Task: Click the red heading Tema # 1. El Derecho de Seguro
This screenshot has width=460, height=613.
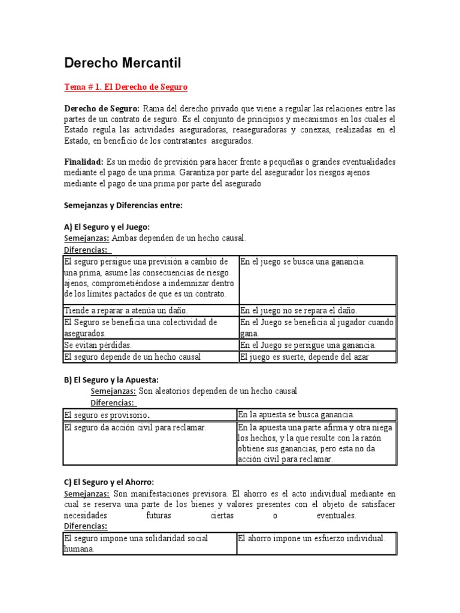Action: (x=126, y=87)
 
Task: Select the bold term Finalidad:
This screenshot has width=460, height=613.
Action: (x=83, y=162)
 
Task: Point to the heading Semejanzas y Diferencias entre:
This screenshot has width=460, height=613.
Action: (x=123, y=205)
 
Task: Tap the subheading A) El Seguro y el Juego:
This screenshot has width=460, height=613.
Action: (x=107, y=227)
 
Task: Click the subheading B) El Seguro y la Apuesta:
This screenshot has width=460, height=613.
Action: (x=111, y=380)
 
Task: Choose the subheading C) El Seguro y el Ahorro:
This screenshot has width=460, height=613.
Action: (x=109, y=482)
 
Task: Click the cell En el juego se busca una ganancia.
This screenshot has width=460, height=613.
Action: (x=302, y=262)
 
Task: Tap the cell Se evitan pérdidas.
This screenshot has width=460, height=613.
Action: (x=98, y=345)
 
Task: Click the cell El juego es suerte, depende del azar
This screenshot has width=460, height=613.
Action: (x=304, y=357)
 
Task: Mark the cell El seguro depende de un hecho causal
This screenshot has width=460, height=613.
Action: (x=132, y=357)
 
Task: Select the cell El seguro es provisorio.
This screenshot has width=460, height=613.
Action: (x=107, y=414)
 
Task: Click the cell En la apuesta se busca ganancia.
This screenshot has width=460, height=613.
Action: (x=296, y=414)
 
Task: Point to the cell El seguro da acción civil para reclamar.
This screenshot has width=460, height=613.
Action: (x=135, y=427)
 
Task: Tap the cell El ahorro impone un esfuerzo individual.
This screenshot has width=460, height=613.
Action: (x=311, y=538)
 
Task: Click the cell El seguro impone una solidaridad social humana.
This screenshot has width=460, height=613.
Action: (x=135, y=544)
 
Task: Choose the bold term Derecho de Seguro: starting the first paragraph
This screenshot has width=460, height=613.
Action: (x=102, y=108)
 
